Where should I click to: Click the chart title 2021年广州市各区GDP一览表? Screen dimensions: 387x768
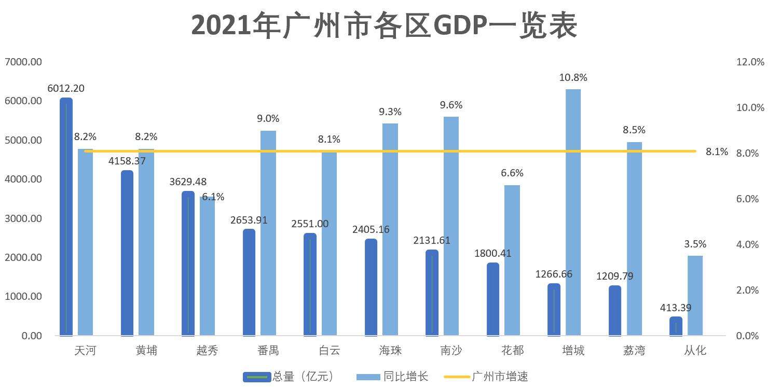tap(384, 26)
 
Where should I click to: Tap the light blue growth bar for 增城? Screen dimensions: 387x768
tap(573, 212)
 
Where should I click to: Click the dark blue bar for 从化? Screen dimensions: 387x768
tap(676, 326)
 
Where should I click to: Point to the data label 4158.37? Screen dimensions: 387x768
tap(127, 161)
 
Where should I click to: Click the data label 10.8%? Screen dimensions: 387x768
tap(573, 78)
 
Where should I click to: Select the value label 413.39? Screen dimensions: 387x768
tap(676, 308)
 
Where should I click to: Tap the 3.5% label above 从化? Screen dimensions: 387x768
tap(695, 244)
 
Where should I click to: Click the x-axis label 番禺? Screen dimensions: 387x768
tap(268, 351)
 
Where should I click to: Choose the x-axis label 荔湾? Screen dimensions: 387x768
tap(634, 351)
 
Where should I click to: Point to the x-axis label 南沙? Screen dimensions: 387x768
tap(450, 351)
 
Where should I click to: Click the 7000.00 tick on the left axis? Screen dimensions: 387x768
tap(23, 62)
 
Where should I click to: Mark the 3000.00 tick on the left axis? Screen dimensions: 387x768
tap(23, 218)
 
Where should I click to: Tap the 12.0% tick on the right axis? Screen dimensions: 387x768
tap(750, 62)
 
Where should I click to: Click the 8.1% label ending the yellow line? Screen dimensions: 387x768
tap(717, 152)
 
